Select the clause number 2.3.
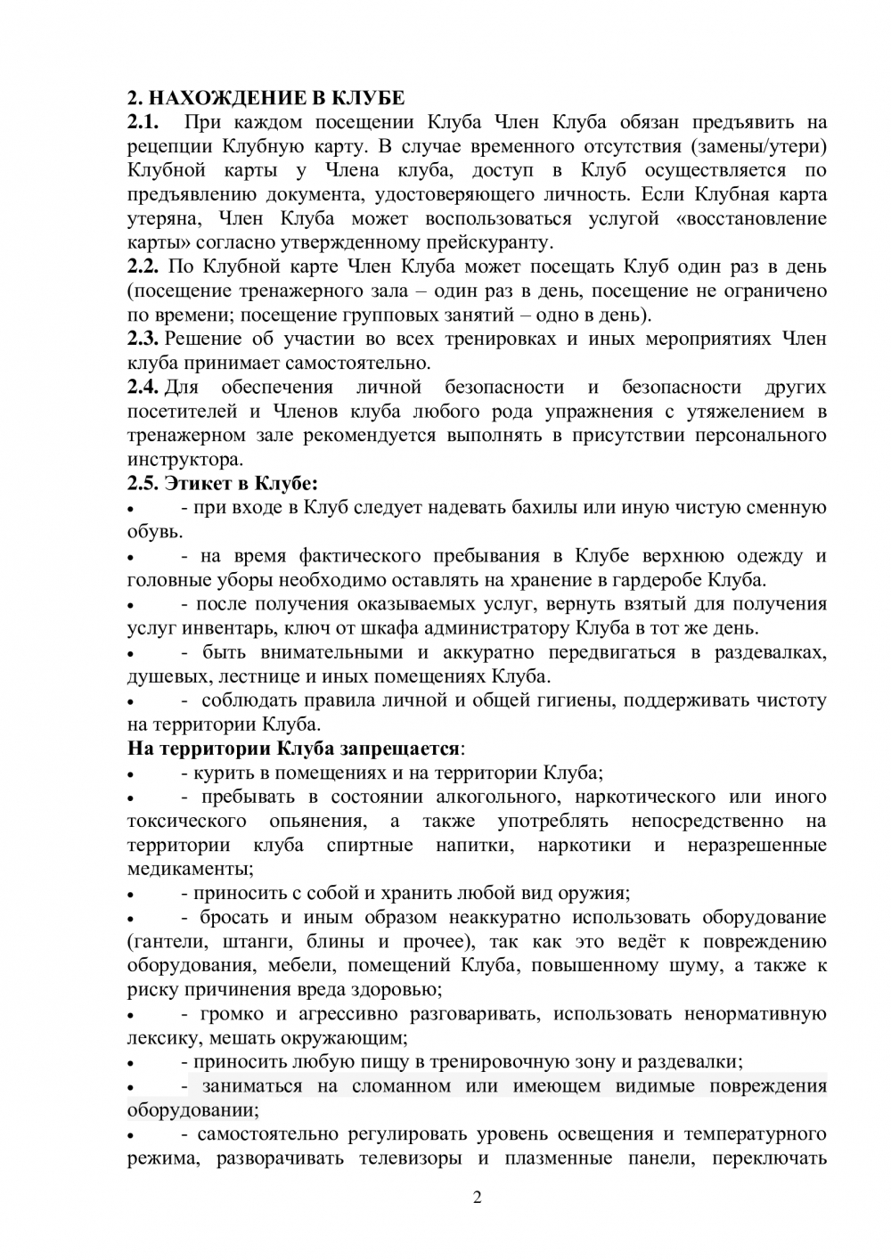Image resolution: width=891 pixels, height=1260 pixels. point(143,339)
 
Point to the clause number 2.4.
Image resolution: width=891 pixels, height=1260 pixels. point(143,387)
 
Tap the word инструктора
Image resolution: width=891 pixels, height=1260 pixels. point(184,460)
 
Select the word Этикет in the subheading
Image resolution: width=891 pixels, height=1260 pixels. point(195,484)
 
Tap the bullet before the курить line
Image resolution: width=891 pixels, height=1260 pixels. point(132,774)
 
